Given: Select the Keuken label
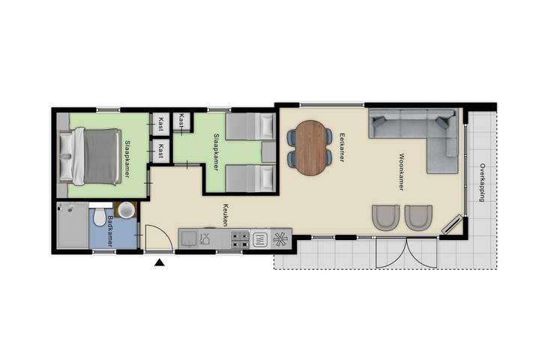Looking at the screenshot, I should (224, 216).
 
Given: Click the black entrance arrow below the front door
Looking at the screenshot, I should (159, 262).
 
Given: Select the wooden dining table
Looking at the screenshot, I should (310, 147).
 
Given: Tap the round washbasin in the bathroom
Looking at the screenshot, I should (126, 209).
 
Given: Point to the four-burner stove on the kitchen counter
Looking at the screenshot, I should (240, 239).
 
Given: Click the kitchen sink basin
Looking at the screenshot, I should (188, 239).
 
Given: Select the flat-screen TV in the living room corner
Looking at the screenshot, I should (451, 224).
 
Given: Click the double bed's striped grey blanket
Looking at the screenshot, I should (102, 157).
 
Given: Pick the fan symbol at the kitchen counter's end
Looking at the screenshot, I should (281, 239).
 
